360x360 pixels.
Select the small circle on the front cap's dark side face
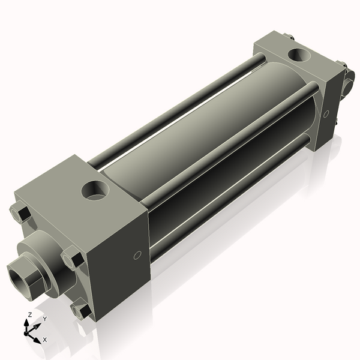tap(137, 256)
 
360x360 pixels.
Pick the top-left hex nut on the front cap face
tap(19, 213)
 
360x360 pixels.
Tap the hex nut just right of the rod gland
tap(73, 259)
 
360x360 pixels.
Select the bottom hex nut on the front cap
tap(80, 310)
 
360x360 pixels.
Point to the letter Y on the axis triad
tap(44, 319)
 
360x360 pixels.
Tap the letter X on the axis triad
tap(44, 340)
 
